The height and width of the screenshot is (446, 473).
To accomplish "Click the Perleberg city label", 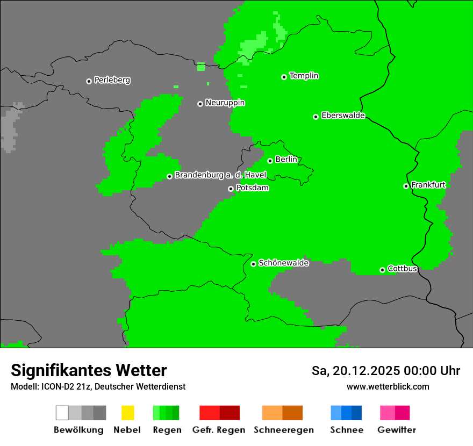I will coord(112,80).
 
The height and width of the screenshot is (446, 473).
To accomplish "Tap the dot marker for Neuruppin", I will coord(200,104).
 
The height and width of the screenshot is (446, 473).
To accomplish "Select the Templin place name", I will coord(304,76).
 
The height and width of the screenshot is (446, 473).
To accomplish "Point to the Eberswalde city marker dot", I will coord(316,117).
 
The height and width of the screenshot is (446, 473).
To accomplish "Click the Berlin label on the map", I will coord(286,160).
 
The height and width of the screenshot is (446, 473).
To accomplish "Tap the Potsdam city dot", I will coord(231,189).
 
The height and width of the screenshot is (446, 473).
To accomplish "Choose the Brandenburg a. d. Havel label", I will coord(220,175).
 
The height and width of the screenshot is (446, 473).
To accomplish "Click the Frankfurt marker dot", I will coord(406,186).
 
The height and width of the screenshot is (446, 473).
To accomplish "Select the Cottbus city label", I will coord(402,269).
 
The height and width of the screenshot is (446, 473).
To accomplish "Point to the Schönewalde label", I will coord(283,263).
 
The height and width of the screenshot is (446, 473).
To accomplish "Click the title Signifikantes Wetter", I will coord(89,370).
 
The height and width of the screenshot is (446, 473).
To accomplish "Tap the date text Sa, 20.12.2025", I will coord(355,371).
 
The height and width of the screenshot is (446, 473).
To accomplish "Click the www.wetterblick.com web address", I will coord(388,386).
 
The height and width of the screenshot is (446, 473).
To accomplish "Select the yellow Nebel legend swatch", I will coord(127,413).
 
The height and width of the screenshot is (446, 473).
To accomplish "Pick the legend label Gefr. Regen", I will coord(219,430).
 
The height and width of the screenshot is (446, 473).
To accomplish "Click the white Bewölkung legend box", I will coord(62,413).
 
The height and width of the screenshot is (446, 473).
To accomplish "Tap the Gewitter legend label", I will coord(396,430).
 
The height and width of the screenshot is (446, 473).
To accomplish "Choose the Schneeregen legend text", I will coord(283,430).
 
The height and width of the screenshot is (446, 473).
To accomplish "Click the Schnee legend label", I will coord(347,430).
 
